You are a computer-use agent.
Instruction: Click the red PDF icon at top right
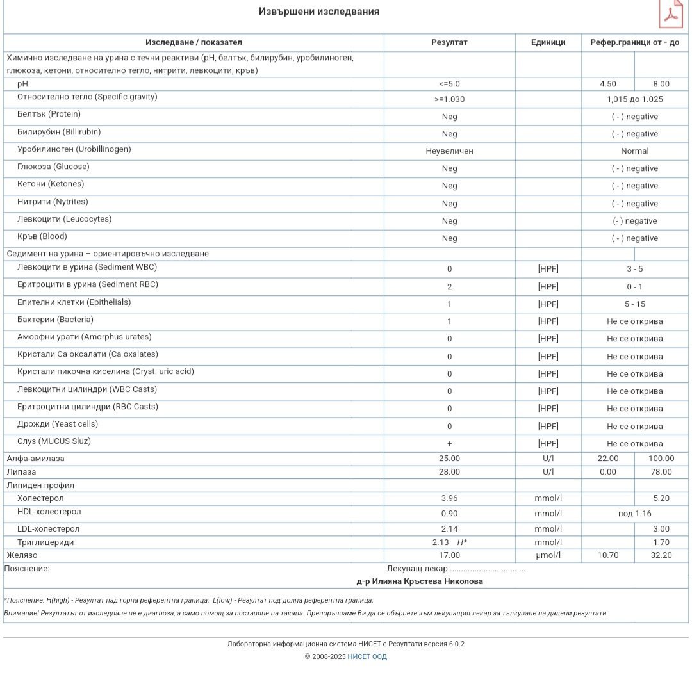point(671,14)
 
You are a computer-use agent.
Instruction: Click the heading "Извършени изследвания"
point(318,12)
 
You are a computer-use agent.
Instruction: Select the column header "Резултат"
point(449,42)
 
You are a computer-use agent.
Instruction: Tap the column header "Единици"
point(548,42)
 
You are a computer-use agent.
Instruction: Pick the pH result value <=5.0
point(449,84)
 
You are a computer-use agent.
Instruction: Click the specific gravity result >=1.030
point(449,99)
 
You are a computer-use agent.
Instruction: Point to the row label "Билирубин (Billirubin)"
point(59,132)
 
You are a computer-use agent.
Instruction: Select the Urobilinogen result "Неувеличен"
point(449,151)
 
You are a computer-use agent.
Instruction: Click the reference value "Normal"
point(634,151)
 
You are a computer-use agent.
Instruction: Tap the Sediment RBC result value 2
point(449,287)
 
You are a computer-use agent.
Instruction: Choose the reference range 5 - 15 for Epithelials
point(634,304)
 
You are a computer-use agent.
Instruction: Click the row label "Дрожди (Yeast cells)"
point(58,424)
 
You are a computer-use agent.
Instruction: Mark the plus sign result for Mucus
point(449,444)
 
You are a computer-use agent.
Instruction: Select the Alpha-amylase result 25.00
point(449,459)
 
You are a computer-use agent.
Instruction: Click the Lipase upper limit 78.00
point(661,472)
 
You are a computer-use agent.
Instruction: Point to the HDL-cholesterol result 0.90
point(449,514)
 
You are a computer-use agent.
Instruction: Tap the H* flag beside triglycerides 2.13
point(462,542)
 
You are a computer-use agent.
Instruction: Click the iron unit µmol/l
point(548,555)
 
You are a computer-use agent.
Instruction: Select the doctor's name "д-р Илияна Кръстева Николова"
point(420,581)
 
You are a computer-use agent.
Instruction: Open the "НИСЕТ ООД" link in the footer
point(367,656)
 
